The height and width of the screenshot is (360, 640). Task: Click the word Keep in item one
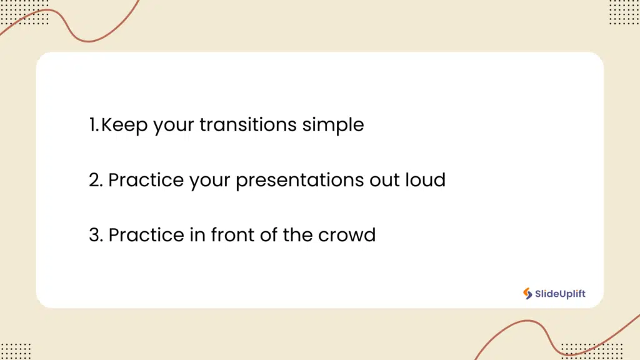click(124, 125)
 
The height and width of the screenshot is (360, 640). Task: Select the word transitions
click(247, 124)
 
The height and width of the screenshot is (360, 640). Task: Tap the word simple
click(333, 125)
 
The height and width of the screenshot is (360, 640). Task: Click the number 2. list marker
click(96, 180)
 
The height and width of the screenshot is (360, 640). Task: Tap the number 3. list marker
click(96, 235)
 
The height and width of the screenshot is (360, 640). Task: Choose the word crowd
click(347, 235)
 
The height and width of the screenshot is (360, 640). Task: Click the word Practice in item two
click(146, 180)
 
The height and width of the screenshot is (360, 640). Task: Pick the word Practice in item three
click(146, 235)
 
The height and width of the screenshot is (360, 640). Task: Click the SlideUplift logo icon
click(527, 294)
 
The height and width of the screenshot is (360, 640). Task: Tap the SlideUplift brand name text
click(560, 294)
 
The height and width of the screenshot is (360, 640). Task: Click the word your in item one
click(174, 126)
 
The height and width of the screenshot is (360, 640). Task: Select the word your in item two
click(210, 182)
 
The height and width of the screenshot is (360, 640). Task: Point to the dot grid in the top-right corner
click(624, 12)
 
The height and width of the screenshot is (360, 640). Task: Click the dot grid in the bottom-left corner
click(16, 351)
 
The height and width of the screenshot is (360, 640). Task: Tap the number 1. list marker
click(94, 125)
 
